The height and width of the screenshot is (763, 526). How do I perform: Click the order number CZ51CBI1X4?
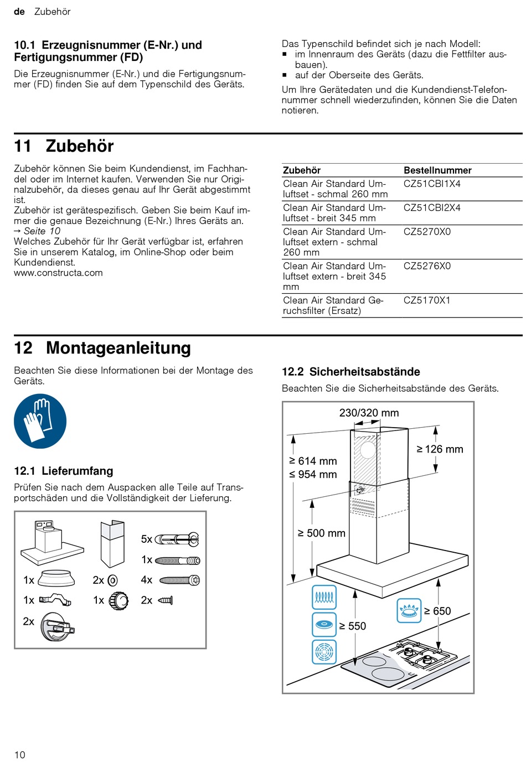coord(432,184)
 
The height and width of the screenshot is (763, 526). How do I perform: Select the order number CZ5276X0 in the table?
coord(427,266)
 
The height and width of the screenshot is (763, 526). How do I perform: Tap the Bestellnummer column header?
coord(437,170)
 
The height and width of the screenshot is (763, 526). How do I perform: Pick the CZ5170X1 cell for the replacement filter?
coord(427,300)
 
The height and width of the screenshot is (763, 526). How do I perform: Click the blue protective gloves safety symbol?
coord(40,422)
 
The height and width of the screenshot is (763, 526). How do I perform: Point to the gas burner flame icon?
coord(409,611)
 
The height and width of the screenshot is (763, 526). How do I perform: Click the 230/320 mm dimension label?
coord(369,413)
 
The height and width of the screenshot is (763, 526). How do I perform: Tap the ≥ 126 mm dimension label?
coord(440,449)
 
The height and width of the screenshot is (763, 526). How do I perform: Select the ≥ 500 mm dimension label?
coord(322,533)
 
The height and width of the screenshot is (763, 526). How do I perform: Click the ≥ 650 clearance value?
coord(437,611)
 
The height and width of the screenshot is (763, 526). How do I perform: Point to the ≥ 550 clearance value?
coord(353,626)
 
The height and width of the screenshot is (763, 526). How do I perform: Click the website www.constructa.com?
coord(58,273)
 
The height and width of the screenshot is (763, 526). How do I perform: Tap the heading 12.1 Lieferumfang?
coord(64,471)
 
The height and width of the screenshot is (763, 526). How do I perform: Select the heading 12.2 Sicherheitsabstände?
coord(351,372)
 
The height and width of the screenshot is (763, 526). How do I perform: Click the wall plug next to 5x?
coord(177,539)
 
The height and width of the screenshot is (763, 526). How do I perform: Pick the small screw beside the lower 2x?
coord(166,600)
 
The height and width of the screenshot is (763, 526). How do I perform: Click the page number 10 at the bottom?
coord(20,755)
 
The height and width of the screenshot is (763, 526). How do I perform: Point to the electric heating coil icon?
coord(324,597)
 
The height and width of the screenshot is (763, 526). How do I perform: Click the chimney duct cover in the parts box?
coord(112,544)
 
